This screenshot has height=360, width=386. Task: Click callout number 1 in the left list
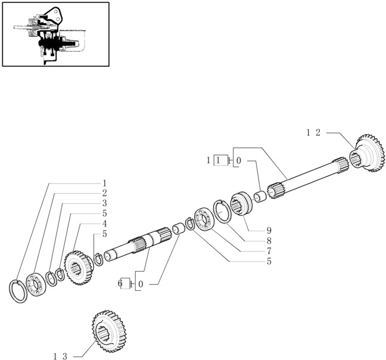point(104,183)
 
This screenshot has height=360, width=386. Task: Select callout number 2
point(104,193)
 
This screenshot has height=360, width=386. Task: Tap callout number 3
point(104,203)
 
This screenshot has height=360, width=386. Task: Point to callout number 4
point(104,224)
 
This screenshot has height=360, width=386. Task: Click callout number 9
point(269,231)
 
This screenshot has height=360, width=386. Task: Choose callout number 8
point(269,241)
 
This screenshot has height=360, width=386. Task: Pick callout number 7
point(269,251)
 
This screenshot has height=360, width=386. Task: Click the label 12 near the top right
point(313,133)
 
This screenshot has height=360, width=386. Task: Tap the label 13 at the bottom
point(60,356)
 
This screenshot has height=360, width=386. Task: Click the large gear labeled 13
point(109,331)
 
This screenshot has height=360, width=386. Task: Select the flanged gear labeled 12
point(367,153)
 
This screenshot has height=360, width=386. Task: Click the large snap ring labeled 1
point(18,291)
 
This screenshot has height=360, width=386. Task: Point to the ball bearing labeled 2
point(36,284)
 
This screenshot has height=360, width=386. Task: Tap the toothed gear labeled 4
point(78,268)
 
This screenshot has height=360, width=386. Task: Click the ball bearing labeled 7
point(204,219)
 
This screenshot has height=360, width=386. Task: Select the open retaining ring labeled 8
point(223,211)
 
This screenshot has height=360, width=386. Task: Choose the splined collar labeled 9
point(241,203)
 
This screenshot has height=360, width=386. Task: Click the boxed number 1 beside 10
point(220,160)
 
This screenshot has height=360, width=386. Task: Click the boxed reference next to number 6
point(126,284)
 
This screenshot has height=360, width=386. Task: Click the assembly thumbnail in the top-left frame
point(55,34)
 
